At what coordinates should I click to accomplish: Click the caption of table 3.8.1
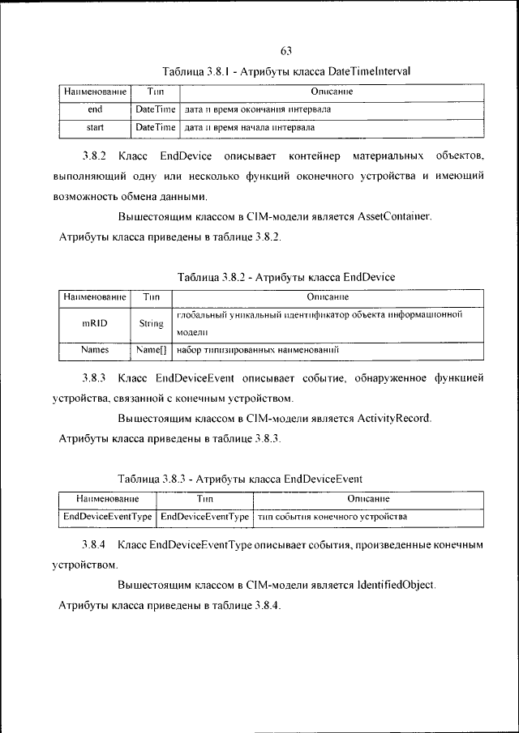[286, 71]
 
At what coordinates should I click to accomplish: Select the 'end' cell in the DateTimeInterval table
[94, 109]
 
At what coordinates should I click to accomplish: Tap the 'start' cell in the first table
[94, 128]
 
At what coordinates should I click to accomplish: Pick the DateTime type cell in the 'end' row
[155, 109]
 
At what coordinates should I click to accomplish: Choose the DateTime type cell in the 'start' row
[155, 128]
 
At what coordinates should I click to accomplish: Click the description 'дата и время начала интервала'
[250, 128]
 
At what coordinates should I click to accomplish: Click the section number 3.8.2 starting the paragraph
[95, 155]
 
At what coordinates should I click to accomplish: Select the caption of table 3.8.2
[285, 277]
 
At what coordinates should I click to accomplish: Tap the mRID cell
[94, 322]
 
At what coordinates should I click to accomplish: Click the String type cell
[152, 323]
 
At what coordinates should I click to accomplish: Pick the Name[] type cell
[152, 351]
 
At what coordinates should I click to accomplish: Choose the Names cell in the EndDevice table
[94, 351]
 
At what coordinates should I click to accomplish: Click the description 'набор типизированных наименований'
[256, 351]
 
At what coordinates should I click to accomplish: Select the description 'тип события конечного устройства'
[332, 516]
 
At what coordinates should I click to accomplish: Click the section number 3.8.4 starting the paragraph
[95, 543]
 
